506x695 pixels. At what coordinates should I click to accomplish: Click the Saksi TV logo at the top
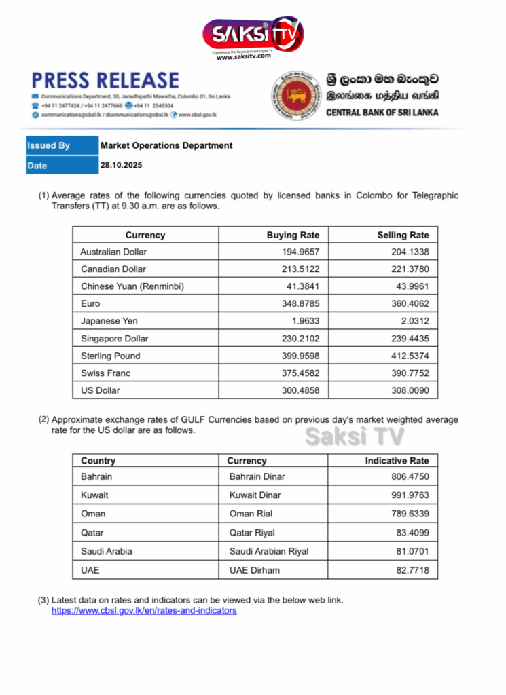[x=253, y=35]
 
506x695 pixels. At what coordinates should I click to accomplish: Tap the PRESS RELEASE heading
[x=105, y=81]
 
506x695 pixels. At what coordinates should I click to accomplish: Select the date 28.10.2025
[x=122, y=165]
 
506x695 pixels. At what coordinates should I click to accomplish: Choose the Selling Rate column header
[x=403, y=235]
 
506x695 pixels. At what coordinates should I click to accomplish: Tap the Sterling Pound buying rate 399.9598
[x=300, y=356]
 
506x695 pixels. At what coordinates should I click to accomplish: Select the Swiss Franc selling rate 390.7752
[x=410, y=373]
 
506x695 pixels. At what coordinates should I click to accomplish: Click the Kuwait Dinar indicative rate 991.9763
[x=410, y=495]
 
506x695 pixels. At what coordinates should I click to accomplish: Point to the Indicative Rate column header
[x=397, y=461]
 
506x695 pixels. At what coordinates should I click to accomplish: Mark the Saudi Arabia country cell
[x=106, y=551]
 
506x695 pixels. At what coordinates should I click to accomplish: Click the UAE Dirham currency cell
[x=254, y=570]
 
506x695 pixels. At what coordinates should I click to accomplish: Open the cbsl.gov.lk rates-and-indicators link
[x=144, y=611]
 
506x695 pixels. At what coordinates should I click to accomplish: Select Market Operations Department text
[x=166, y=145]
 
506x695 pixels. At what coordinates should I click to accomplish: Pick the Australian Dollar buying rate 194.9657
[x=300, y=252]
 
